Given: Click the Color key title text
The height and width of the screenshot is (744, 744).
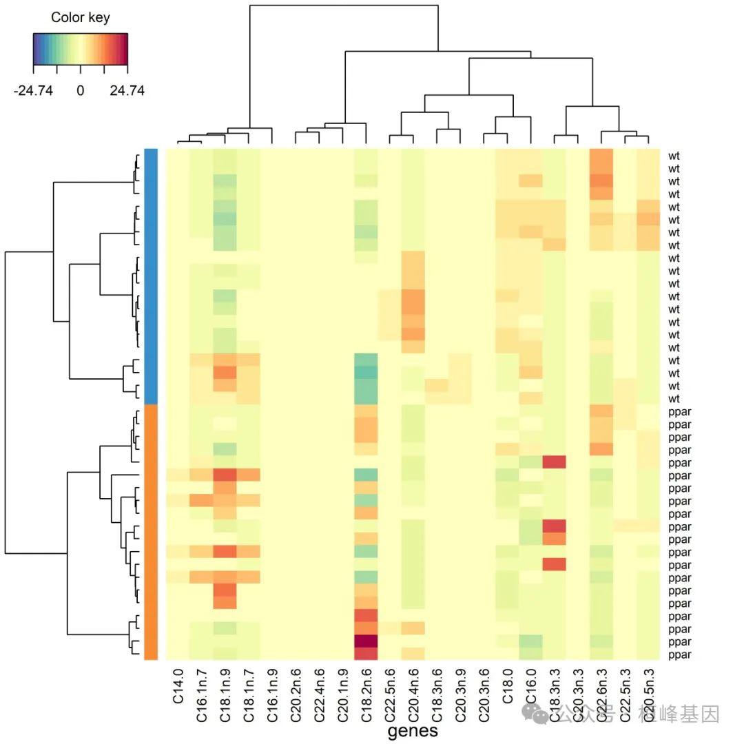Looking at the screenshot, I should tap(80, 17).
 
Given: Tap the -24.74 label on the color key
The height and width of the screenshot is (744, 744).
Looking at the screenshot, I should tap(33, 90).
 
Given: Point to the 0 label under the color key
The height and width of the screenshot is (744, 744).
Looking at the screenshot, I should tap(80, 90).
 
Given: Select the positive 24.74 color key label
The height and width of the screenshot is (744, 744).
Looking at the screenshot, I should tap(127, 90).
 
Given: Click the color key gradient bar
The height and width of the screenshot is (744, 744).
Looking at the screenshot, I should tap(80, 48).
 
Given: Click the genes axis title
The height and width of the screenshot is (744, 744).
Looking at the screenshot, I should tap(413, 731).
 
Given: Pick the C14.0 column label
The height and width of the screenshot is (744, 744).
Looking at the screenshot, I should tap(178, 686).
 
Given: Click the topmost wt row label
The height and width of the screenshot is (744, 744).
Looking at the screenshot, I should tap(674, 156).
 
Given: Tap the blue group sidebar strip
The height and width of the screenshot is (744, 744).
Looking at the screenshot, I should tap(151, 276).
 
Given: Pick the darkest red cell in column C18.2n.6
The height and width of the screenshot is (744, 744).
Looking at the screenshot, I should tap(366, 641).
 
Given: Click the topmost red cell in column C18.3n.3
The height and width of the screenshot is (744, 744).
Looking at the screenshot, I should tap(554, 462).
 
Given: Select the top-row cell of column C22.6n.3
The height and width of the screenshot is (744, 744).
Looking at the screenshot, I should tap(601, 156).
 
